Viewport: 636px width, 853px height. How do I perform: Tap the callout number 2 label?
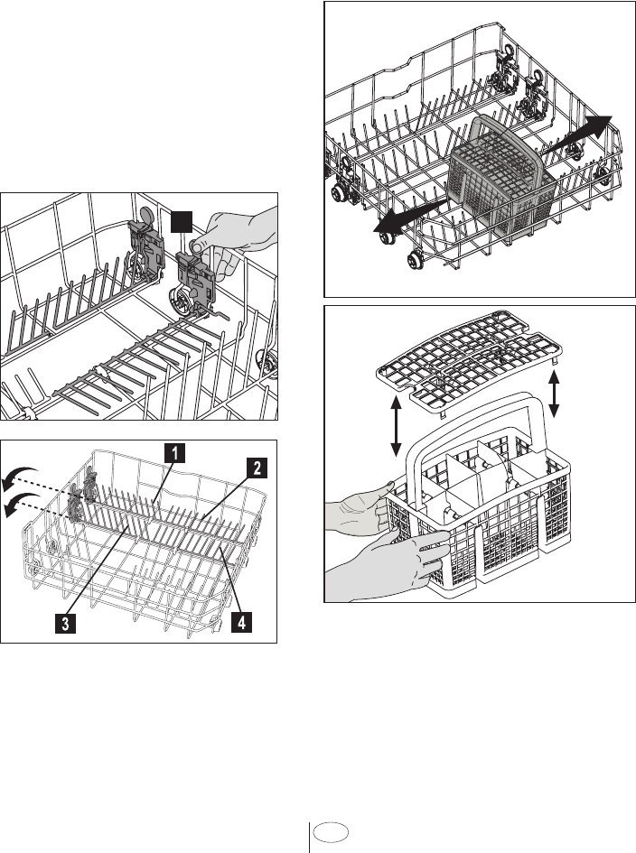257,468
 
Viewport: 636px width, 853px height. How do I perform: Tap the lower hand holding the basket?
397,560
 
